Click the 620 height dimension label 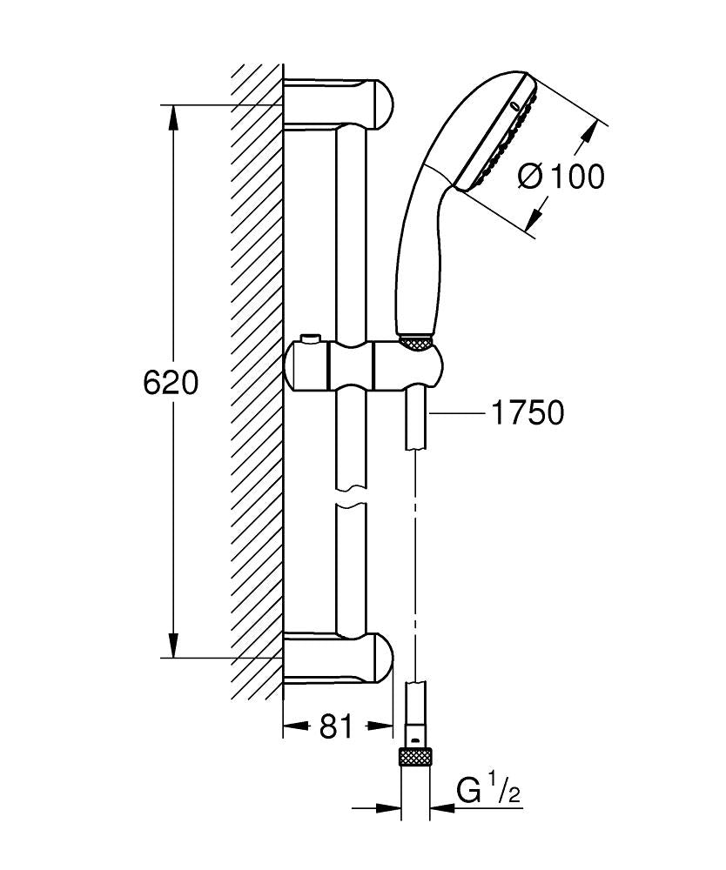171,382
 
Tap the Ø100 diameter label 560,177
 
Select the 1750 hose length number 528,413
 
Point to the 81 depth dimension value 337,726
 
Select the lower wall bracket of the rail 339,659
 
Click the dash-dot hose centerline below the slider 417,565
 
